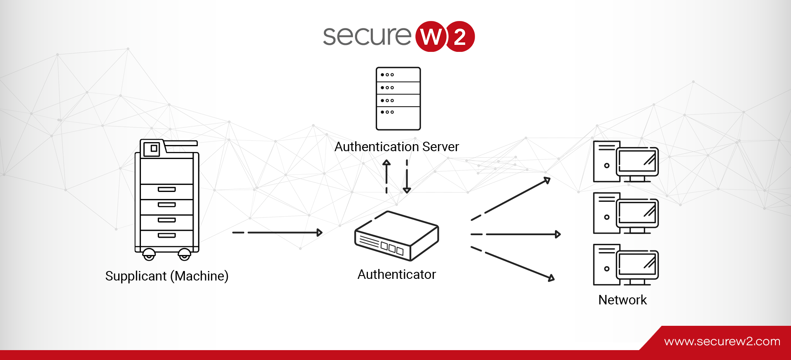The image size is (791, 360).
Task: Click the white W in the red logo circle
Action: tap(431, 37)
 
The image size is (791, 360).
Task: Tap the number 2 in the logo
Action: tap(460, 37)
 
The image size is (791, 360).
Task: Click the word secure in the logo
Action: tap(367, 36)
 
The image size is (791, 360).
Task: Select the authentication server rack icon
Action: tap(398, 98)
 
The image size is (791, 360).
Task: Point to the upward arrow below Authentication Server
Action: tap(386, 176)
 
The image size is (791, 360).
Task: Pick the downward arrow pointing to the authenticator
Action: tap(407, 176)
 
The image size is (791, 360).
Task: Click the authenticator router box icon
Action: tap(397, 236)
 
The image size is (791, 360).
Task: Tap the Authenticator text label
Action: tap(397, 274)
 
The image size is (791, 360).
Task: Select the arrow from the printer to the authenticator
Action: tap(277, 233)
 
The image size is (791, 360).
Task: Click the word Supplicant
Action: tap(136, 276)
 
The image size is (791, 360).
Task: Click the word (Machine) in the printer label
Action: tap(199, 276)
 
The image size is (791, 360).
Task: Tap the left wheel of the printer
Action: tap(149, 255)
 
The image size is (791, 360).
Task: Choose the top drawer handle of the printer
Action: tap(167, 189)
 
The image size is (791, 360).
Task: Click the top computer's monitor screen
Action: tap(637, 161)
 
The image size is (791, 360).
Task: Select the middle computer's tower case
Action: tap(606, 213)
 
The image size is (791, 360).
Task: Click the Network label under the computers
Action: tap(623, 300)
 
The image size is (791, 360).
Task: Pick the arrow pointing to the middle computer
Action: tap(516, 234)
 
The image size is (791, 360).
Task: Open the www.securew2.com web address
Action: tap(722, 341)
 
